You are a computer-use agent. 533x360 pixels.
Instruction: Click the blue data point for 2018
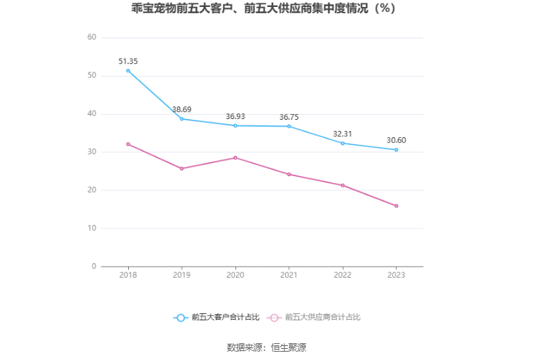coord(128,70)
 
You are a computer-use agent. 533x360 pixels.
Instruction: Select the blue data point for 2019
coord(182,119)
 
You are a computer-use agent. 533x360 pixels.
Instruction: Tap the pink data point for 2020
coord(235,157)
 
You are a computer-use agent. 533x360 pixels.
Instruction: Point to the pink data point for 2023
coord(396,205)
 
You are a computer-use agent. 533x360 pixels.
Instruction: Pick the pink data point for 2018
coord(128,144)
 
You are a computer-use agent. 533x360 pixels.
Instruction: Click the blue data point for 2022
coord(343,143)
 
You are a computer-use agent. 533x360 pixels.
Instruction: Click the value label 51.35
coord(128,61)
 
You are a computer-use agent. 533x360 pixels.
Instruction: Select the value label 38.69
coord(182,109)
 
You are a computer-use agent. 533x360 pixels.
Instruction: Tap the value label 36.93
coord(235,116)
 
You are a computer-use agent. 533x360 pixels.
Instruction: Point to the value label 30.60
coord(396,140)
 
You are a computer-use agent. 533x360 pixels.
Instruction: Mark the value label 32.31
coord(343,134)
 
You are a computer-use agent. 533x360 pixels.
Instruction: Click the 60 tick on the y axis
coord(91,38)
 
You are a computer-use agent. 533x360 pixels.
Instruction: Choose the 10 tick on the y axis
coord(91,228)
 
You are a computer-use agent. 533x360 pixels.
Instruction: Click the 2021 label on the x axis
coord(289,275)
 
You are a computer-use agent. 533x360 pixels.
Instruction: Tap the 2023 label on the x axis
coord(396,275)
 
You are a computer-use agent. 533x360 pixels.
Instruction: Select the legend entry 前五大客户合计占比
coord(217,318)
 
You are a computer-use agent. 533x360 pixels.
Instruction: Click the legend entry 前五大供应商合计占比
coord(314,318)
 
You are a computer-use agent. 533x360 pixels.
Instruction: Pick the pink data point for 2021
coord(289,174)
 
